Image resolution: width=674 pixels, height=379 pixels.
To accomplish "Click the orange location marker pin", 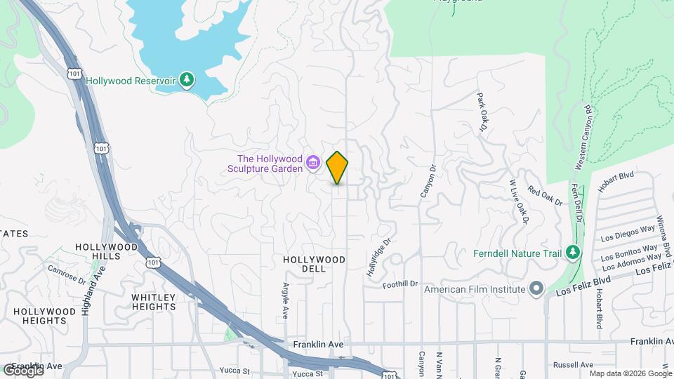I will (x=338, y=167).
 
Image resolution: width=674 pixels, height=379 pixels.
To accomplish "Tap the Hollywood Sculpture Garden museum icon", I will (x=314, y=164).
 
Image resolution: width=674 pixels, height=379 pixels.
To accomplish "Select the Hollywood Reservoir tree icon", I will (x=186, y=80).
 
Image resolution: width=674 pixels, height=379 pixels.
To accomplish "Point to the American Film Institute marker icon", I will (x=537, y=288).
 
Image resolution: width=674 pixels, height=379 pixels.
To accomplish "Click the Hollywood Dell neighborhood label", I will (x=314, y=264).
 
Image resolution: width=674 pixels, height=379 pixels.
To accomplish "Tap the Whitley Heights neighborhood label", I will (x=154, y=302).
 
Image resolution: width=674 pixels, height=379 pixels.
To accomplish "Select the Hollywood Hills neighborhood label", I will (x=106, y=251).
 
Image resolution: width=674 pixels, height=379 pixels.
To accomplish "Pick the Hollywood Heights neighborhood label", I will (x=44, y=316).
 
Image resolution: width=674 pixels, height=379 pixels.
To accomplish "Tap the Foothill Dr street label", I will (x=400, y=284).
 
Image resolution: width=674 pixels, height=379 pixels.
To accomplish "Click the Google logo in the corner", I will (x=22, y=370).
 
